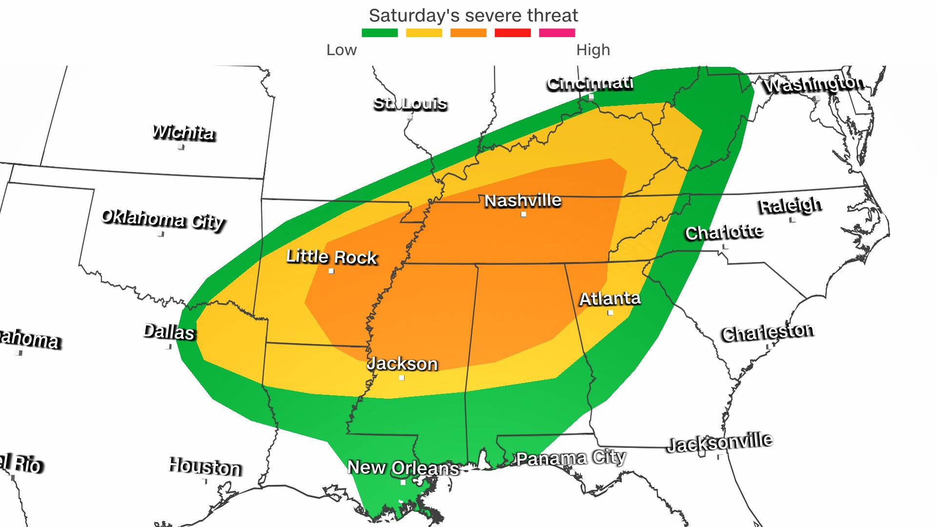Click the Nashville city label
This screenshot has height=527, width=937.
coord(523,201)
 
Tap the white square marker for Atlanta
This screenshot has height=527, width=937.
coord(610,313)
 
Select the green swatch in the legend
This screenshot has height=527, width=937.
coord(380,33)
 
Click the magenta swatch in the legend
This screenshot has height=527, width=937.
coord(557,33)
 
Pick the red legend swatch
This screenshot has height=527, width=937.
coord(512,33)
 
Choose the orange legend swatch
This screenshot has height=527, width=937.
coord(468,33)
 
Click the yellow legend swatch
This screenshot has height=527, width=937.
coord(424,33)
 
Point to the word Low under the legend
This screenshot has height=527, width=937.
coord(342,50)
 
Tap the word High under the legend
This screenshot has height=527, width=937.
coord(593,50)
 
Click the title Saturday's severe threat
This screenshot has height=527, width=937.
coord(473,16)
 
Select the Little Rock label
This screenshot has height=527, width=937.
coord(332,257)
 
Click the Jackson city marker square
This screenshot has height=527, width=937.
coord(402,378)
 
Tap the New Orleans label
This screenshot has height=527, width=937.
coord(403,467)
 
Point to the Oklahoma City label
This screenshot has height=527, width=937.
coord(163,219)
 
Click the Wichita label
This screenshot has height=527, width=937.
coord(183,132)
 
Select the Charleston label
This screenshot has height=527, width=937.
coord(768,333)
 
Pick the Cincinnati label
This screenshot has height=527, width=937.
coord(590,83)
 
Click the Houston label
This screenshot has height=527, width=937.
coord(205,467)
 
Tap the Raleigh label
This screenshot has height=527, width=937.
coord(790,205)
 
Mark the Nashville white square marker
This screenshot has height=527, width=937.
coord(524,214)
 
